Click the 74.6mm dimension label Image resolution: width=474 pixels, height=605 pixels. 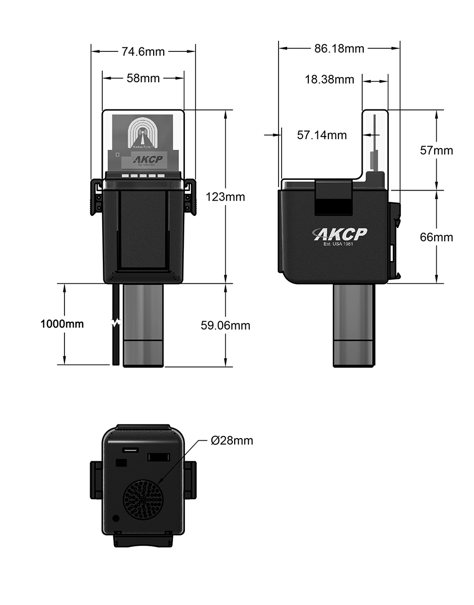pyautogui.click(x=143, y=51)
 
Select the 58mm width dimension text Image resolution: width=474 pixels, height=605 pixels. pyautogui.click(x=143, y=78)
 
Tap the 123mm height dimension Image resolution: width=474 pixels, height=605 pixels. pyautogui.click(x=225, y=197)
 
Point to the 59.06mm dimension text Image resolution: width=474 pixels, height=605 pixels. pyautogui.click(x=225, y=325)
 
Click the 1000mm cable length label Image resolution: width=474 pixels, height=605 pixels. pyautogui.click(x=62, y=324)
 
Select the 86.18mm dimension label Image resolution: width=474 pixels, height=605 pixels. pyautogui.click(x=339, y=48)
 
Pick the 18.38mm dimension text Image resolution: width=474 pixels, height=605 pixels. pyautogui.click(x=329, y=80)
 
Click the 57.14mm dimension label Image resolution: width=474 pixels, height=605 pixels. pyautogui.click(x=321, y=135)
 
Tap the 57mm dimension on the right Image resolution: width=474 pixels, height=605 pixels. pyautogui.click(x=436, y=150)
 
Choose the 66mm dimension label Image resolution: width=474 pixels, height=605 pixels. pyautogui.click(x=436, y=237)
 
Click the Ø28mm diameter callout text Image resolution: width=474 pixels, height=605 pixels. pyautogui.click(x=232, y=441)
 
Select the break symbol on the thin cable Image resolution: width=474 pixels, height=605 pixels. pyautogui.click(x=116, y=323)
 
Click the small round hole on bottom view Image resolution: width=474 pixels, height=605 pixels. pyautogui.click(x=116, y=518)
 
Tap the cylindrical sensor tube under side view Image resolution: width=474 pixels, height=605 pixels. pyautogui.click(x=354, y=325)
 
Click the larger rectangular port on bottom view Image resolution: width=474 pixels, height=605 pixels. pyautogui.click(x=158, y=457)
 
